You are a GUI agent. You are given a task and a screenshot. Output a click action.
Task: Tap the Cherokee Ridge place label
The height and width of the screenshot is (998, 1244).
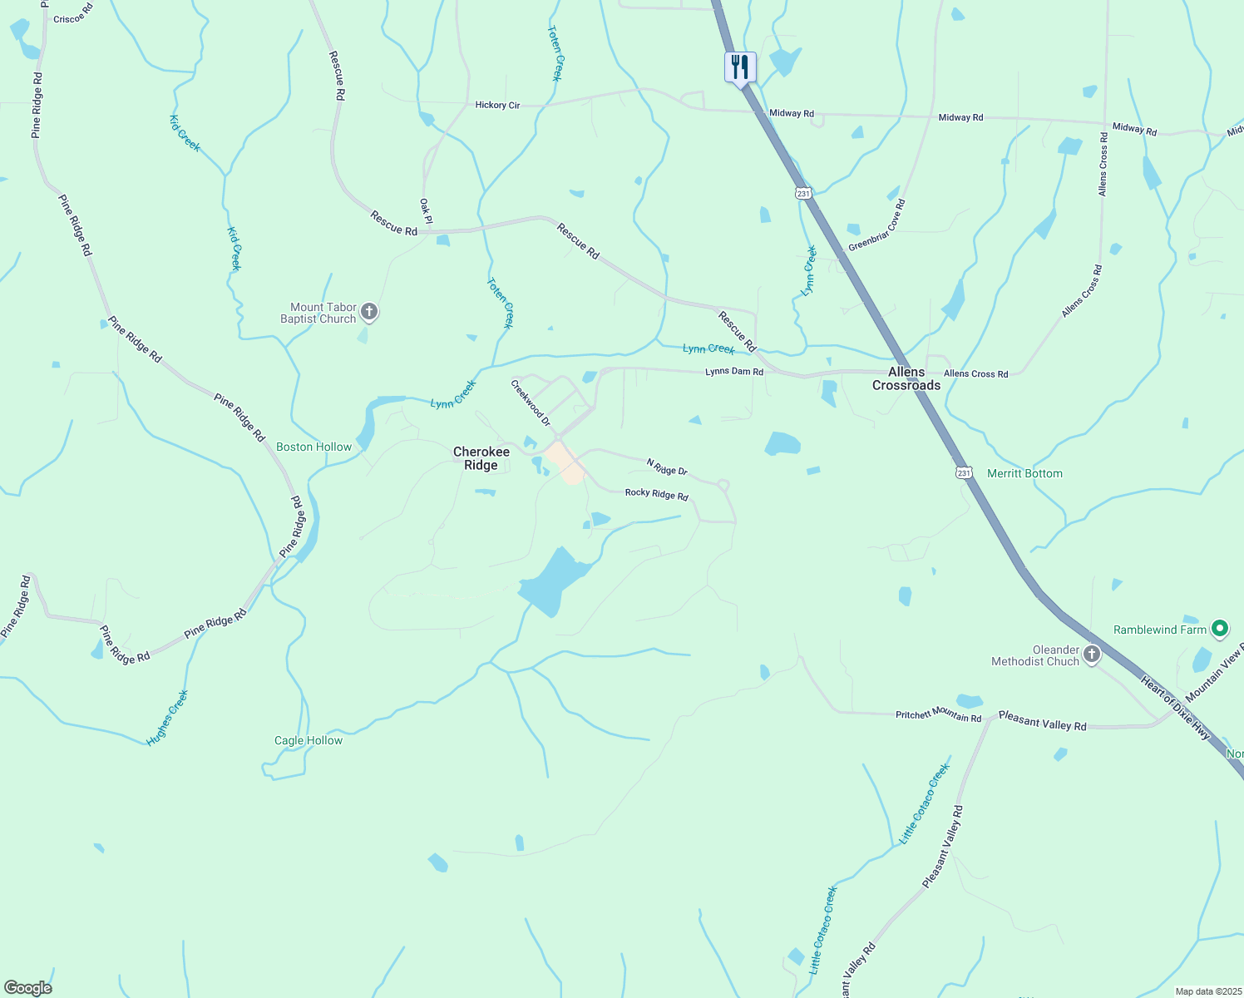pyautogui.click(x=481, y=458)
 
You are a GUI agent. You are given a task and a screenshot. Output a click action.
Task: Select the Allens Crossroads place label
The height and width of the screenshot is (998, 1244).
pyautogui.click(x=906, y=378)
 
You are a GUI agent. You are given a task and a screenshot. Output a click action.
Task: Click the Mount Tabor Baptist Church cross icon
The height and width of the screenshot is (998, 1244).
pyautogui.click(x=370, y=313)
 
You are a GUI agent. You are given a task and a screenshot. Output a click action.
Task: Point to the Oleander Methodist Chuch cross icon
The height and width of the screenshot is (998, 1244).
pyautogui.click(x=1092, y=655)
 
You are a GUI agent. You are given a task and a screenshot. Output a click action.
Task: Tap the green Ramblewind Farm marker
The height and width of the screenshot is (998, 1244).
pyautogui.click(x=1220, y=629)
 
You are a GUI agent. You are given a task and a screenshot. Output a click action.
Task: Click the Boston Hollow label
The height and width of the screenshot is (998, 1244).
pyautogui.click(x=314, y=447)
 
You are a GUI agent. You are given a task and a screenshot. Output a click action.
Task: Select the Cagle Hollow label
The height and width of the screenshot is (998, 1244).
pyautogui.click(x=309, y=740)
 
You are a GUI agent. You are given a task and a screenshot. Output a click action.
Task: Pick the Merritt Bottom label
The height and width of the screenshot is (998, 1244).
pyautogui.click(x=1024, y=473)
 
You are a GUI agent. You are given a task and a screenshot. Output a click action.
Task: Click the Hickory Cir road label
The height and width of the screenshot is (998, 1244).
pyautogui.click(x=497, y=105)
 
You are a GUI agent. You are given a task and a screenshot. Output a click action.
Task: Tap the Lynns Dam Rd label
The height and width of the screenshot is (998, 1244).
pyautogui.click(x=734, y=372)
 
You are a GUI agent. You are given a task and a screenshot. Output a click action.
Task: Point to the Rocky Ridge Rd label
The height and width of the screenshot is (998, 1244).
pyautogui.click(x=657, y=494)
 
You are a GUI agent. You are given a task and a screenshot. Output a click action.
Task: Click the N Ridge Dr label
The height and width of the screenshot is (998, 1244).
pyautogui.click(x=667, y=467)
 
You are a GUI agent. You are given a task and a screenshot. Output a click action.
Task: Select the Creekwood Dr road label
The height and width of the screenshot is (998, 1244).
pyautogui.click(x=531, y=403)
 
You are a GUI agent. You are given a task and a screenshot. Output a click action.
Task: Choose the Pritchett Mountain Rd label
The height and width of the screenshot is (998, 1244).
pyautogui.click(x=938, y=714)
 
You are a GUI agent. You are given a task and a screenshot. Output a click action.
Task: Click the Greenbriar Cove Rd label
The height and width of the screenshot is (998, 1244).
pyautogui.click(x=876, y=225)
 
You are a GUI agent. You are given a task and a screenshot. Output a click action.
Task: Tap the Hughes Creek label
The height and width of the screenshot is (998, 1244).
pyautogui.click(x=168, y=718)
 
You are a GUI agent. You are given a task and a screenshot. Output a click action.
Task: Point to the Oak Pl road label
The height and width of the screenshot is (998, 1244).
pyautogui.click(x=426, y=210)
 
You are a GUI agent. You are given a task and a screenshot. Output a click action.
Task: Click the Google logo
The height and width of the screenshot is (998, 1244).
pyautogui.click(x=28, y=988)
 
